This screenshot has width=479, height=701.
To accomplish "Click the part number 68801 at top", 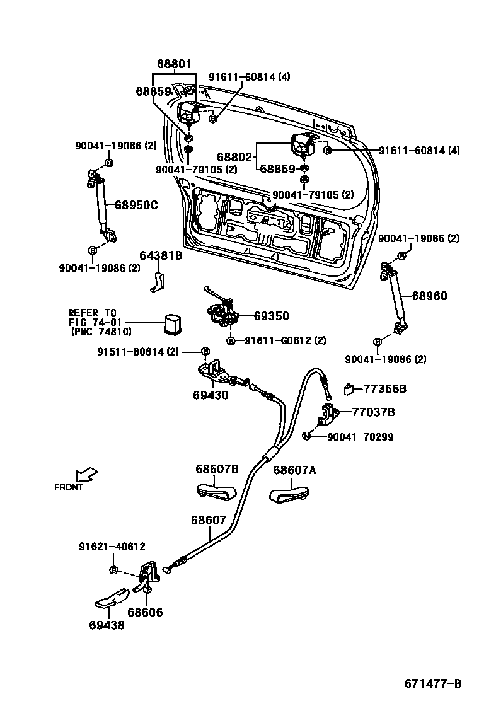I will click(x=174, y=64).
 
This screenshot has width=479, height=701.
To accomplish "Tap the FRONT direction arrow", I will click(x=85, y=473).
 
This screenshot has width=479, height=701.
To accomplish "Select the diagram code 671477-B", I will click(x=433, y=683).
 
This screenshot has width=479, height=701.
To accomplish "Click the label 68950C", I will click(x=136, y=204).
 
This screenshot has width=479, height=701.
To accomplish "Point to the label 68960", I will click(x=430, y=296).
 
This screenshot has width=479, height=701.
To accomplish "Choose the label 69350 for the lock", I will click(x=272, y=316).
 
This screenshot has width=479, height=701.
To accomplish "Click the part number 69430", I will click(x=211, y=395).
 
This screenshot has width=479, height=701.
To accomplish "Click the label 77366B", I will click(x=385, y=389).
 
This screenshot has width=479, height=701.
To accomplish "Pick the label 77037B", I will click(x=373, y=412).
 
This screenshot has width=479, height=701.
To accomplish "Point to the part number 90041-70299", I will click(x=360, y=436).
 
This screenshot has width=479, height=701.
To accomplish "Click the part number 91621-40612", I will click(x=112, y=547).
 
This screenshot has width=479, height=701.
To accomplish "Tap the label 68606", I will click(x=145, y=612).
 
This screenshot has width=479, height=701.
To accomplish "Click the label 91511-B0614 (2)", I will click(x=138, y=351).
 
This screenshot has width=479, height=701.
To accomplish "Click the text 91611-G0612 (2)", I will click(x=285, y=341).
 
